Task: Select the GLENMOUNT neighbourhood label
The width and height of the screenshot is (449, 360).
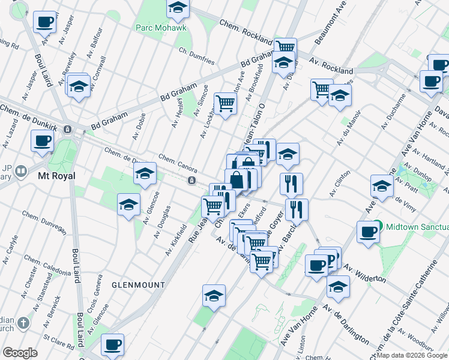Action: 134,284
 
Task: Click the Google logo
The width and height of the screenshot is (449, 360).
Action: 20,353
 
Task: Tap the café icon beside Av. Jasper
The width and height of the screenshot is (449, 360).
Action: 44,23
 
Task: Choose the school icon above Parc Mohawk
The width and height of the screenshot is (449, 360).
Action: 178,8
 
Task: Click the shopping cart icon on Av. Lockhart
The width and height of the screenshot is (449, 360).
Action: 225,103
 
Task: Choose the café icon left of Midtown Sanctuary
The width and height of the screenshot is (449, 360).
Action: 367,232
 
